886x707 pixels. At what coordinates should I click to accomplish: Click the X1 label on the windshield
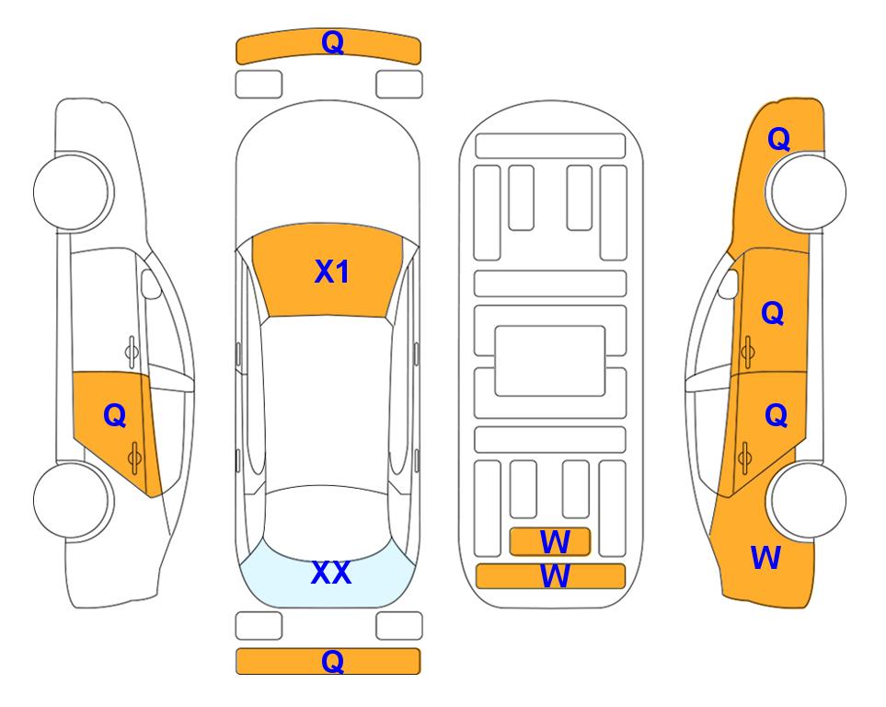(x=332, y=272)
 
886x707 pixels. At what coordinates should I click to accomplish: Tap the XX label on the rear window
(x=331, y=573)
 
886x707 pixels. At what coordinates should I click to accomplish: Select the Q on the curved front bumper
(x=332, y=42)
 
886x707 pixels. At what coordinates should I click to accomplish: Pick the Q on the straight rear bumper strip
(x=332, y=661)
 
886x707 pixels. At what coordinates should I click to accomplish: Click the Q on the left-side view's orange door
(x=115, y=416)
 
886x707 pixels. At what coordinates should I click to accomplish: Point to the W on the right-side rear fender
(x=765, y=558)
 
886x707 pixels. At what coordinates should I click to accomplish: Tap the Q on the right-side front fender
(x=778, y=139)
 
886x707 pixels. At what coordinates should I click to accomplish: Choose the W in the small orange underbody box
(x=555, y=542)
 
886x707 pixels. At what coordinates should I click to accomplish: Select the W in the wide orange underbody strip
(x=555, y=576)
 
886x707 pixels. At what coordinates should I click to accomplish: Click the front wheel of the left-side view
(x=72, y=191)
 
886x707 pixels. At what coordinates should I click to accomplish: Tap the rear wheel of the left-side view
(x=72, y=500)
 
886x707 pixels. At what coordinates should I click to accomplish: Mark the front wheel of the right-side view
(x=808, y=191)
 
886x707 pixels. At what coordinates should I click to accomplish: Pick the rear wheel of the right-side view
(x=808, y=500)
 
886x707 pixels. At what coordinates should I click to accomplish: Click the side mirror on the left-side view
(x=150, y=284)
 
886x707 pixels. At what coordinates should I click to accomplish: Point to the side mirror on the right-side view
(x=729, y=284)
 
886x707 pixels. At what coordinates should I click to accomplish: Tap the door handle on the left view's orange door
(x=134, y=458)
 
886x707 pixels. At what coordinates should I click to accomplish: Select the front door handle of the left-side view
(x=132, y=352)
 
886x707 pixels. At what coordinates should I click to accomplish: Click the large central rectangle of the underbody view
(x=550, y=361)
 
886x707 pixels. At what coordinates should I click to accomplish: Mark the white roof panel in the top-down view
(x=328, y=401)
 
